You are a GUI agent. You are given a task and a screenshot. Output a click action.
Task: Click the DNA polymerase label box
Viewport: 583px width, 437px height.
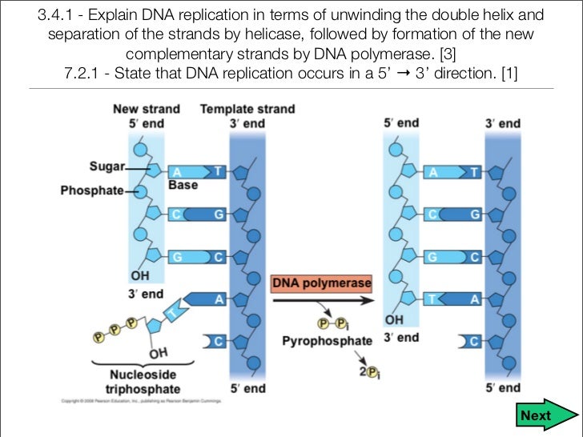pos(322,283)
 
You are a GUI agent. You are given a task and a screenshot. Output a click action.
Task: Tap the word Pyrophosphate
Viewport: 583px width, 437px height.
pos(327,341)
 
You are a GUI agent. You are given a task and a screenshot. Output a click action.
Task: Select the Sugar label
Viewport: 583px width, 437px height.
pos(107,166)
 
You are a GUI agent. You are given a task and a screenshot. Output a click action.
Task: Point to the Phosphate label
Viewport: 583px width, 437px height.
pos(92,190)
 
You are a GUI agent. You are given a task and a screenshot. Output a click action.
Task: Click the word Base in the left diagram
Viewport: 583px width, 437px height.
pos(183,185)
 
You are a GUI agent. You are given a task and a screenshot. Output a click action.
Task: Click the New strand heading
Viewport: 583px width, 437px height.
pos(146,109)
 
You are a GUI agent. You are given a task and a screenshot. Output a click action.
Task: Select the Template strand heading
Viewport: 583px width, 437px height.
pos(247,109)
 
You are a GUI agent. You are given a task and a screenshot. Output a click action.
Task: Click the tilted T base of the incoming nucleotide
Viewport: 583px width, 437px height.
pos(170,311)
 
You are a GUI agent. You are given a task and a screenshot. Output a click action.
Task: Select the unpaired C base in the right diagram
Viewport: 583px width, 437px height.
pos(472,342)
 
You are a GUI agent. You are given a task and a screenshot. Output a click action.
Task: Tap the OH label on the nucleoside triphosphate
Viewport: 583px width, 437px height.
pos(158,353)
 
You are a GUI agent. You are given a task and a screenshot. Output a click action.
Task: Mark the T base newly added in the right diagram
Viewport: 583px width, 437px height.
pos(433,299)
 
